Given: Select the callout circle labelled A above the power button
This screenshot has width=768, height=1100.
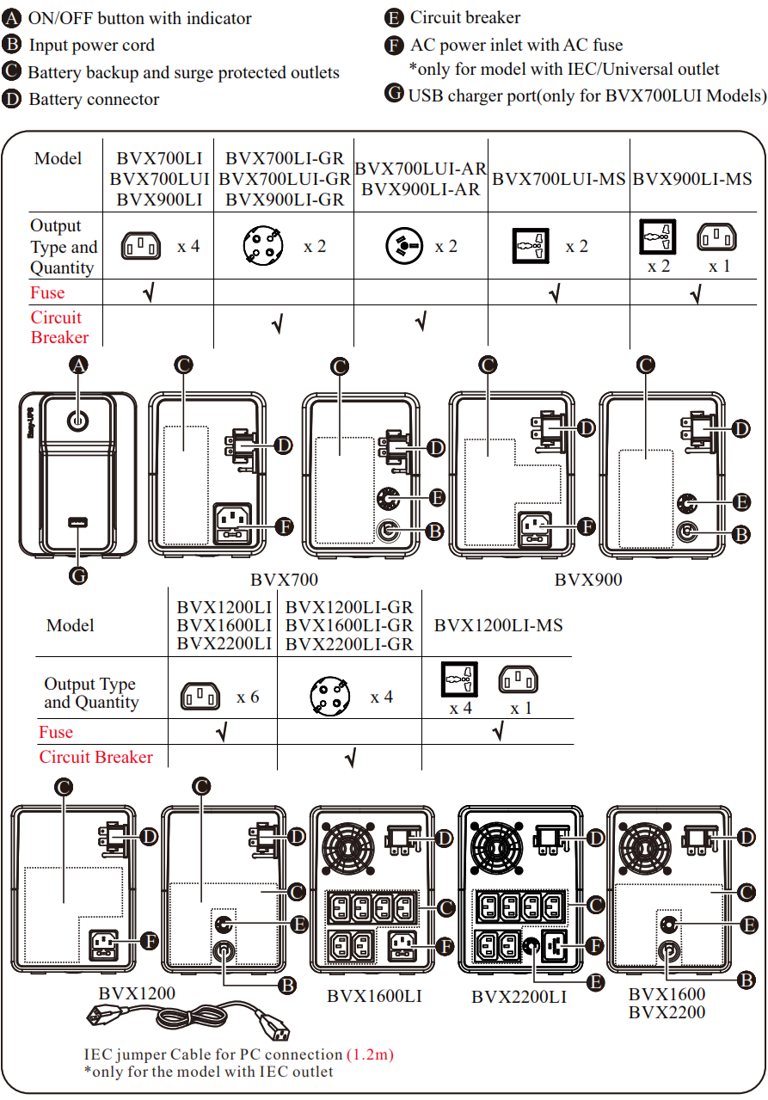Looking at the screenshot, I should [x=78, y=366].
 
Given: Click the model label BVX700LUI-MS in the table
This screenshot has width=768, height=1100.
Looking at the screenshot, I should [x=559, y=180].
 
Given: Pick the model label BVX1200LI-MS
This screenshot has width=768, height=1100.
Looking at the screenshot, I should [x=498, y=625].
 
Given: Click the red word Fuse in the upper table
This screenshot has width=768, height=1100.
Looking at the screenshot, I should [x=47, y=293].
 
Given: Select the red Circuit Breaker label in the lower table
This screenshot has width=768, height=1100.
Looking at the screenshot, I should [x=95, y=757].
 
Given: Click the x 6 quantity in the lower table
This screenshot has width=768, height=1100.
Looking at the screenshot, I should [x=248, y=697].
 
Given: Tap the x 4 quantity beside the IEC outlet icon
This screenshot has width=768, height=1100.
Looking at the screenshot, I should [x=188, y=247].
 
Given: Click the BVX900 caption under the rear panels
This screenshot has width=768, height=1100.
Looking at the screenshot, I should [x=587, y=580].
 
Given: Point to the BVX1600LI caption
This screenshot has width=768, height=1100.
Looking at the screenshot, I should [x=374, y=997].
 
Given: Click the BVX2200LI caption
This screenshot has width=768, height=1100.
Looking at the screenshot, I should [x=519, y=998].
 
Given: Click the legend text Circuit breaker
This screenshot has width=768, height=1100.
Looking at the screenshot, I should [x=464, y=17].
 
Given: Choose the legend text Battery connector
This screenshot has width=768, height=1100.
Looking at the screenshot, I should [x=94, y=100].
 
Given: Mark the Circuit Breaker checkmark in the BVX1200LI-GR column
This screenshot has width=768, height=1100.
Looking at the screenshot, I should [x=350, y=758].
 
